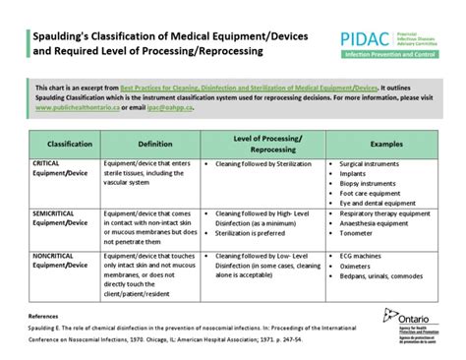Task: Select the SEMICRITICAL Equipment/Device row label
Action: [x=60, y=216]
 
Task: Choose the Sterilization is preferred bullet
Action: [x=261, y=234]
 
